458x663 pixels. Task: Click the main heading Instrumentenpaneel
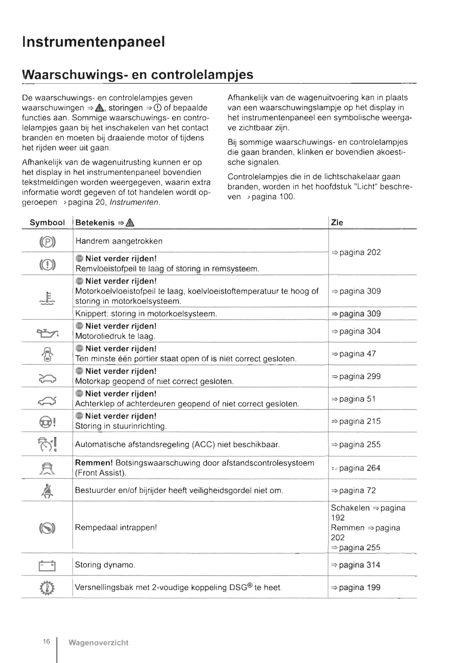[x=93, y=42]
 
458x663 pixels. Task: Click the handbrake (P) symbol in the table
[x=47, y=242]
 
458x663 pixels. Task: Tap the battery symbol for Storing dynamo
[x=47, y=566]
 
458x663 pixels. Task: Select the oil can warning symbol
[x=47, y=332]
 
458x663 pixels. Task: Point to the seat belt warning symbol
[x=47, y=491]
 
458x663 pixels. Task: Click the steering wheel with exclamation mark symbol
[x=47, y=422]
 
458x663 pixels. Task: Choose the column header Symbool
[x=47, y=223]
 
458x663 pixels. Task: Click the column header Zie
[x=337, y=223]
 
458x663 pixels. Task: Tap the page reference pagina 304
[x=356, y=331]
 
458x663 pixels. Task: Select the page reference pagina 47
[x=353, y=354]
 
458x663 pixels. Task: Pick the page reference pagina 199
[x=356, y=588]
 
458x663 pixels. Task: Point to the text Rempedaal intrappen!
[x=116, y=528]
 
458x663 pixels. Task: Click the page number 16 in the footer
[x=47, y=641]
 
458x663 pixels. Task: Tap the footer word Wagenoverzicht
[x=98, y=643]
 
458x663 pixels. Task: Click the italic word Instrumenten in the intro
[x=134, y=202]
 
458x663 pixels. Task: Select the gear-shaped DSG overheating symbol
[x=47, y=588]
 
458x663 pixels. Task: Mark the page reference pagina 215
[x=356, y=421]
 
